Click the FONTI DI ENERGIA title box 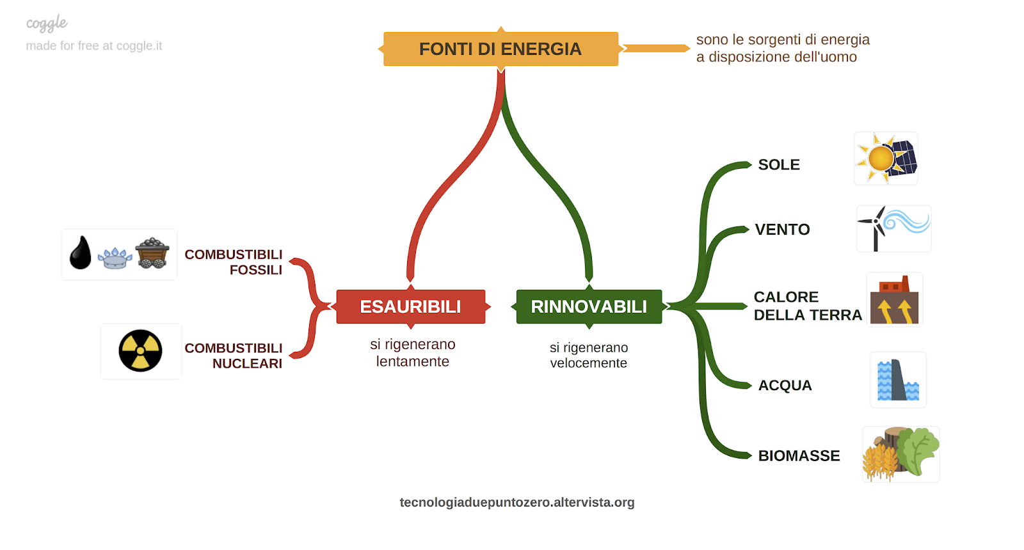(500, 49)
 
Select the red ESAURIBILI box (410, 306)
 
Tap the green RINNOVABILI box (589, 306)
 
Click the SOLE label (779, 165)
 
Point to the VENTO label (782, 230)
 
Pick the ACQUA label (785, 386)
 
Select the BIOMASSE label (799, 456)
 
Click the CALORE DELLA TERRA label (807, 306)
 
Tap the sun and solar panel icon (886, 159)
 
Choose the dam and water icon (898, 380)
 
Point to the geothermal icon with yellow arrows (894, 300)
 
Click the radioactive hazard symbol (140, 351)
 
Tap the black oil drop (81, 253)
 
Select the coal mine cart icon (152, 253)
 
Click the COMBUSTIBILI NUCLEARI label (234, 356)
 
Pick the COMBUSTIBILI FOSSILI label (234, 262)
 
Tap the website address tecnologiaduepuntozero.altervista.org (516, 503)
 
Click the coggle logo (47, 24)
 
